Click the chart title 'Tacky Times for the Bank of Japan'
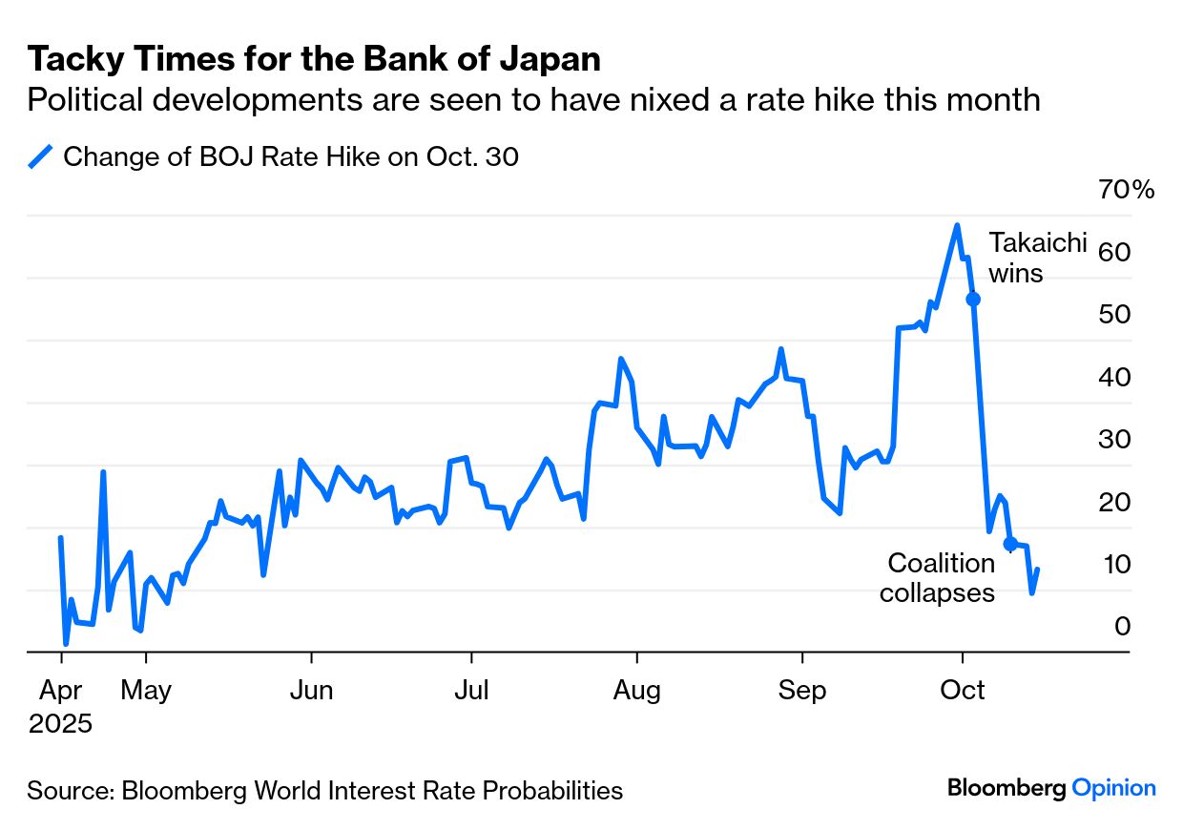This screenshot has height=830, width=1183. pyautogui.click(x=314, y=59)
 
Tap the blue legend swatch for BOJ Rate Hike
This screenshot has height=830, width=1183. pyautogui.click(x=40, y=156)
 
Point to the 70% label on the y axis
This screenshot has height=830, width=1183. pyautogui.click(x=1127, y=190)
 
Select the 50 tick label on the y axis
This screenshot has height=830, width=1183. pyautogui.click(x=1117, y=315)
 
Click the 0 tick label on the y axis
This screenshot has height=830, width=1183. pyautogui.click(x=1123, y=626)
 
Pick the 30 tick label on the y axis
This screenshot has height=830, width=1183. pyautogui.click(x=1117, y=440)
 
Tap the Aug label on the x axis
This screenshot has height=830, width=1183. pyautogui.click(x=637, y=690)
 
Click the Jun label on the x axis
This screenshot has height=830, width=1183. pyautogui.click(x=311, y=690)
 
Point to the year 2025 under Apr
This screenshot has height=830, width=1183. pyautogui.click(x=60, y=723)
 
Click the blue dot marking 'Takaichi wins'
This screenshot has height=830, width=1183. pyautogui.click(x=973, y=299)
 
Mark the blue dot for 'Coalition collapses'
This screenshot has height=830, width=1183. pyautogui.click(x=1009, y=544)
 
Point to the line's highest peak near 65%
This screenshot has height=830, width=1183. pyautogui.click(x=957, y=225)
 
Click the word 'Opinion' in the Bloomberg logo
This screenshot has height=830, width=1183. pyautogui.click(x=1113, y=788)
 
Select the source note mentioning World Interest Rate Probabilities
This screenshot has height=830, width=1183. pyautogui.click(x=324, y=791)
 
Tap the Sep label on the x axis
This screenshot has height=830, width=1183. pyautogui.click(x=802, y=690)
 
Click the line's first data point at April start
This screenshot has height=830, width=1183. pyautogui.click(x=61, y=538)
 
